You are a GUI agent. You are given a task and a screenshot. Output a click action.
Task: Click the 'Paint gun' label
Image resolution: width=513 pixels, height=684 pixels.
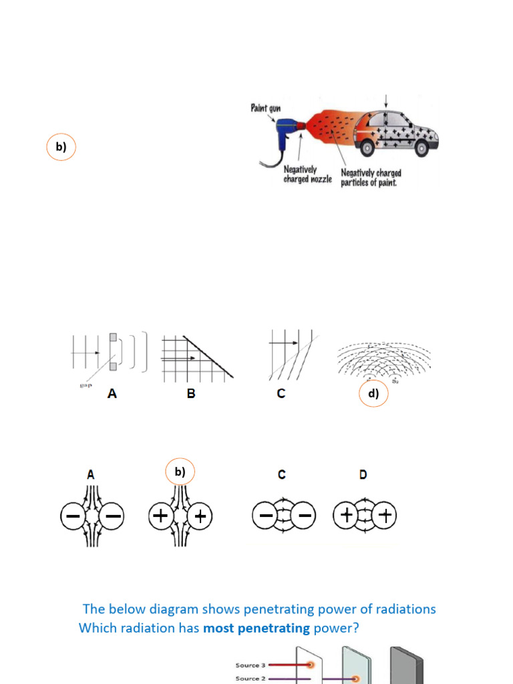coord(269,108)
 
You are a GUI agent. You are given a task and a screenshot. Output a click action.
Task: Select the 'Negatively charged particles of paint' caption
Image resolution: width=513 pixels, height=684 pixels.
coord(371,178)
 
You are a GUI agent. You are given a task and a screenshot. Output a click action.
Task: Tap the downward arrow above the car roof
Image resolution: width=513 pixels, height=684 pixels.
coord(387,101)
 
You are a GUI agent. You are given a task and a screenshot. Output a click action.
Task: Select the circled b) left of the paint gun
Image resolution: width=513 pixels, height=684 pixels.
coord(61,147)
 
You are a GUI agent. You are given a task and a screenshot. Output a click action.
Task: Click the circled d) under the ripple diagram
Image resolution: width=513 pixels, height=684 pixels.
coord(373,394)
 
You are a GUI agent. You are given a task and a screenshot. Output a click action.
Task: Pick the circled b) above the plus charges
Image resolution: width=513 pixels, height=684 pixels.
coord(180,472)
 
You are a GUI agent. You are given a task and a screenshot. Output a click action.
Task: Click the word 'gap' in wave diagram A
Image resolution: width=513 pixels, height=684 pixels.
coord(84,385)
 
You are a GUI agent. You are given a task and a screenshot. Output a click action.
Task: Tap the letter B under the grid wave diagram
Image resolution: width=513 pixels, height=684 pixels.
coord(191,394)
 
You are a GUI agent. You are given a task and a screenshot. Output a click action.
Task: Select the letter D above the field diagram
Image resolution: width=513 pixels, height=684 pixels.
coord(363,475)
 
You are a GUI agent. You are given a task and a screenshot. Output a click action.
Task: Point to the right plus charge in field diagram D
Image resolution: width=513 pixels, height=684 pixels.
coord(385,516)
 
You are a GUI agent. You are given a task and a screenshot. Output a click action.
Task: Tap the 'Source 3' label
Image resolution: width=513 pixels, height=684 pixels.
coord(250,665)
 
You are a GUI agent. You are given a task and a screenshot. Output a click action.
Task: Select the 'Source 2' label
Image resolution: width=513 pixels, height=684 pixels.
coord(250,679)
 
